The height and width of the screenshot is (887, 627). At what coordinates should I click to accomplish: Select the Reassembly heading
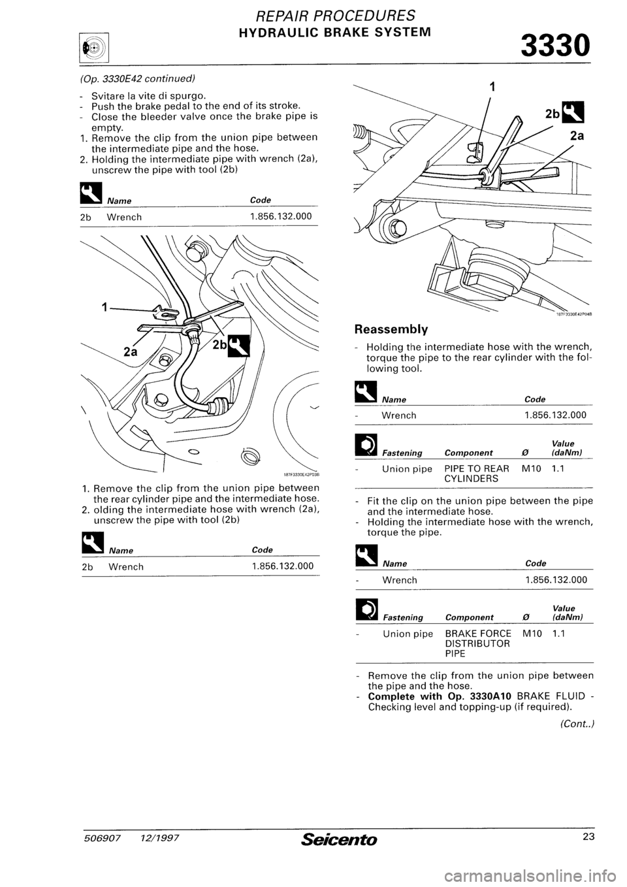(x=390, y=329)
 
